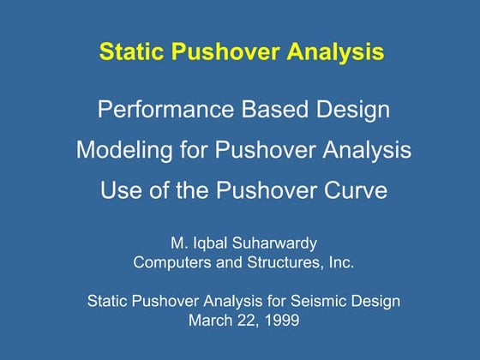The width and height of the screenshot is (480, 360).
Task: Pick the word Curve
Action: [353, 190]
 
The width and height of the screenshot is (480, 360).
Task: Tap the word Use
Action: [119, 190]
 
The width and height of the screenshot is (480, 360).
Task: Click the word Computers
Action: [171, 262]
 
